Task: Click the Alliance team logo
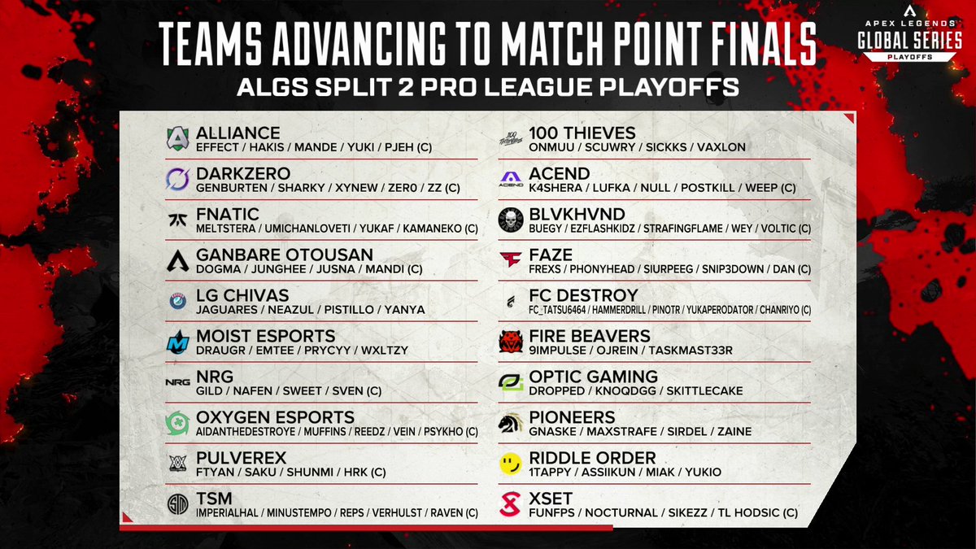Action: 177,139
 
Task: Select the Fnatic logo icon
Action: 177,220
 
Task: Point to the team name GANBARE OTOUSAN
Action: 285,255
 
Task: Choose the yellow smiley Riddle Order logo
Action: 510,464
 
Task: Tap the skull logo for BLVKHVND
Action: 510,220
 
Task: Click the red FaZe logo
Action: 510,261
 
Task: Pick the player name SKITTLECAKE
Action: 704,391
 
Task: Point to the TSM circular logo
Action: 177,505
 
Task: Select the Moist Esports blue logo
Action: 177,342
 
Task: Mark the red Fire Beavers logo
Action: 510,342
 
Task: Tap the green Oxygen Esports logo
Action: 177,424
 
